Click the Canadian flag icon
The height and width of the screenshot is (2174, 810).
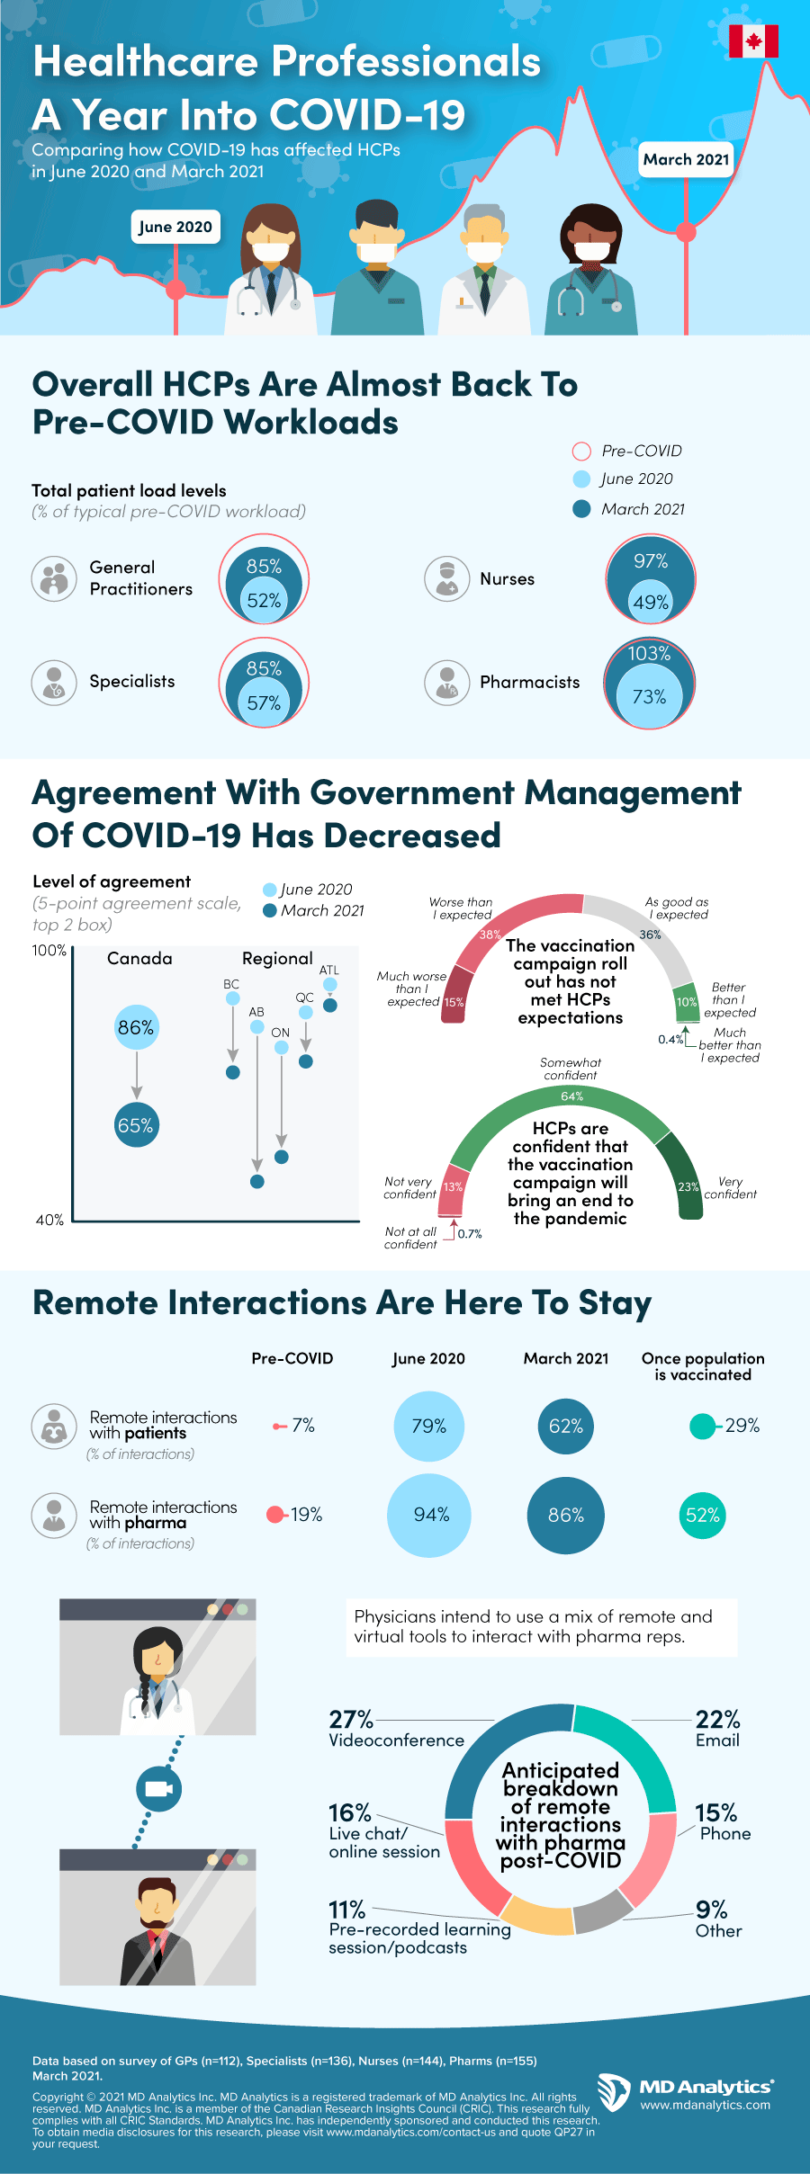753,41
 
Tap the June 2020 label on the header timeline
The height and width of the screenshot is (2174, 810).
175,227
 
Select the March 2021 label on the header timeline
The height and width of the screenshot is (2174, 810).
686,159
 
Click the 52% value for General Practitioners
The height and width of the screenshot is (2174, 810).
264,601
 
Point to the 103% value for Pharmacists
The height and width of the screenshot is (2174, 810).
650,654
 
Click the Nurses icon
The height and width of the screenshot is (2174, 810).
446,578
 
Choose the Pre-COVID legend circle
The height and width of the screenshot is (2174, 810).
581,451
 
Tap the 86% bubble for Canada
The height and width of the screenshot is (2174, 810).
136,1027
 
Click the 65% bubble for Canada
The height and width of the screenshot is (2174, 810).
136,1125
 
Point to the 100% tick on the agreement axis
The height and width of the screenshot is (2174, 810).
49,951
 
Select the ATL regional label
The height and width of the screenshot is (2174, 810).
329,970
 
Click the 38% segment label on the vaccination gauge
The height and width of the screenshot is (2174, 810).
490,935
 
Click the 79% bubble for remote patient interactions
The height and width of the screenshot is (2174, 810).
429,1426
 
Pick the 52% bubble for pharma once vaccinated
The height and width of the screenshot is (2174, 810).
702,1515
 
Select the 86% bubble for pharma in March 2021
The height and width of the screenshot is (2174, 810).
566,1515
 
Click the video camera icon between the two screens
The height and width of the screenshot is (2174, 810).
158,1788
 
